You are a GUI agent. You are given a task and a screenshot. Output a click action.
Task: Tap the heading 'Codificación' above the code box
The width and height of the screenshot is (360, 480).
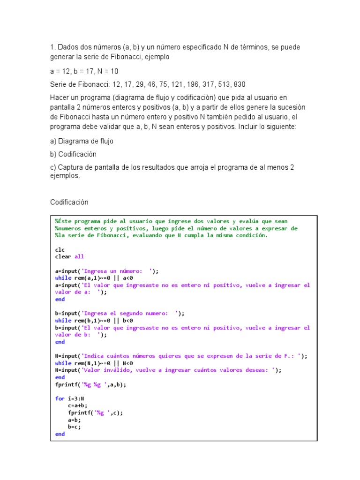(x=69, y=202)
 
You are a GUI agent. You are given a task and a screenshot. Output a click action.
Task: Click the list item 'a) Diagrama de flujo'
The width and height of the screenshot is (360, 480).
(x=82, y=141)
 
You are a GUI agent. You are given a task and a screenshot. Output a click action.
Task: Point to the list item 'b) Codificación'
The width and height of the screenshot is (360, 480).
(x=73, y=154)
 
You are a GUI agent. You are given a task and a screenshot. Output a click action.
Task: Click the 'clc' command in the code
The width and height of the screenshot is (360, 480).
(x=60, y=249)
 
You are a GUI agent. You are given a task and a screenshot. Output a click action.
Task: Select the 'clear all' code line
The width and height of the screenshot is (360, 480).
(x=69, y=256)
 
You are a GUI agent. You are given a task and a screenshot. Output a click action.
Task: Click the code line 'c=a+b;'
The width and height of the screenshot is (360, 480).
(x=77, y=405)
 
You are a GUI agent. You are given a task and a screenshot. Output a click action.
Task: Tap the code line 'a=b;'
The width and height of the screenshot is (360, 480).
(x=74, y=420)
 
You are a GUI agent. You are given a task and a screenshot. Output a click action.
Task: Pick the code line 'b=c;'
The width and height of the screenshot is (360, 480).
(x=74, y=427)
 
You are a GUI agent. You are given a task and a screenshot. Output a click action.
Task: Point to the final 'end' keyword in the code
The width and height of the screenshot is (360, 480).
(x=60, y=434)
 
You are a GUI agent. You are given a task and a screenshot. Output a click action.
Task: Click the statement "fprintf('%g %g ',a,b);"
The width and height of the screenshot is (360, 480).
(x=90, y=384)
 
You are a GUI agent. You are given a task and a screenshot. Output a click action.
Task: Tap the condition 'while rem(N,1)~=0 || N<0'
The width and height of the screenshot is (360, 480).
(x=94, y=363)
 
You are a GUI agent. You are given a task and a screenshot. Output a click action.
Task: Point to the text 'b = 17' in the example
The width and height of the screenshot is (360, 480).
(x=83, y=71)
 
